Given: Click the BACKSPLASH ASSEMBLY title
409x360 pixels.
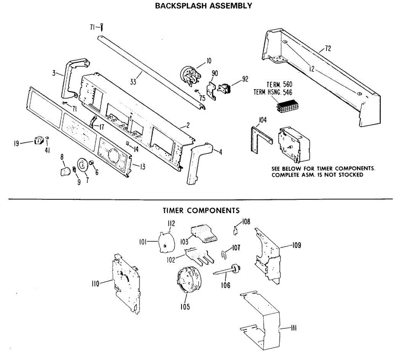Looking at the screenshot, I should pyautogui.click(x=203, y=6).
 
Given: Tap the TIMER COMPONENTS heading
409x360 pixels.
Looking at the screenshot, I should pyautogui.click(x=201, y=210).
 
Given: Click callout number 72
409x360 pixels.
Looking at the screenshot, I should pyautogui.click(x=328, y=48).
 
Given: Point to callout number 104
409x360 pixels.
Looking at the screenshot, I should pyautogui.click(x=262, y=120).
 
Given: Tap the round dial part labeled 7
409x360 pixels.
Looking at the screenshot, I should pyautogui.click(x=82, y=164).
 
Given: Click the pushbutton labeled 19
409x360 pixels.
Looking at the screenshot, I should pyautogui.click(x=39, y=140).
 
